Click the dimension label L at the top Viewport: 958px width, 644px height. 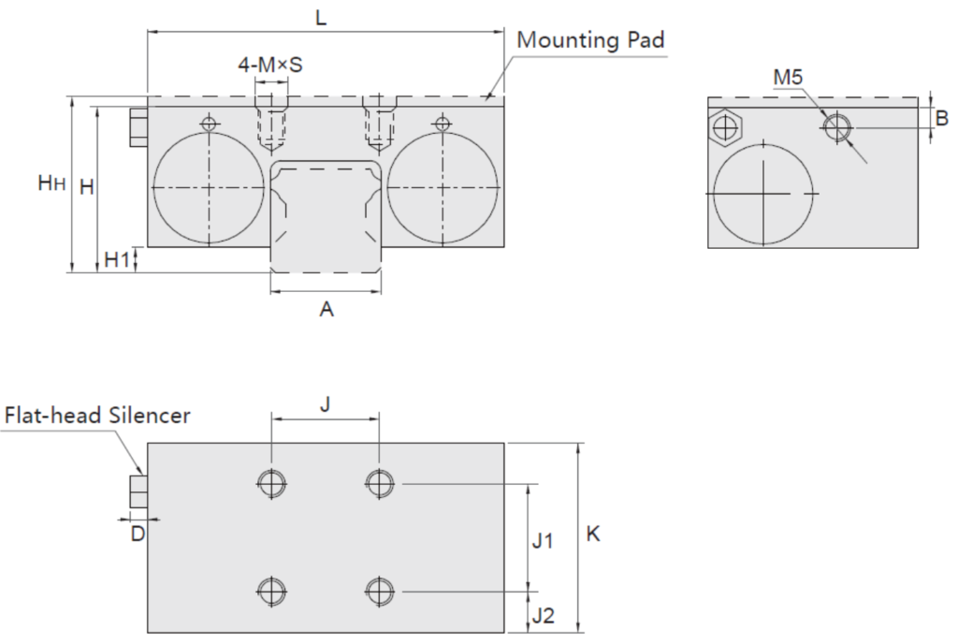click(x=321, y=18)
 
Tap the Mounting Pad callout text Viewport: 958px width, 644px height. click(x=590, y=40)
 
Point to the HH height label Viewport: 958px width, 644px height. click(x=51, y=183)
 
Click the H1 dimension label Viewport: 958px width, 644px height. click(x=116, y=260)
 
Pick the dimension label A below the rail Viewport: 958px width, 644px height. click(x=327, y=310)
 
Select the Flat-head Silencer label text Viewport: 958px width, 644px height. click(x=97, y=415)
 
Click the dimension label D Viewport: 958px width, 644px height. click(x=138, y=534)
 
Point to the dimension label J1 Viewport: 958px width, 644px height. click(x=544, y=540)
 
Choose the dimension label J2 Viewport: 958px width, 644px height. click(x=544, y=615)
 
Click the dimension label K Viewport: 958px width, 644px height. click(x=593, y=534)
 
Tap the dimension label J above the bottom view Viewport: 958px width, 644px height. click(x=325, y=404)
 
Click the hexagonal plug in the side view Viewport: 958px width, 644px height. click(x=724, y=125)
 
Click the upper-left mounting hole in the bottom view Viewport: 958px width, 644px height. click(x=271, y=483)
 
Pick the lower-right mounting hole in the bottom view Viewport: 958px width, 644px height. click(x=379, y=592)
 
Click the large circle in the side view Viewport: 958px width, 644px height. click(x=763, y=194)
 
